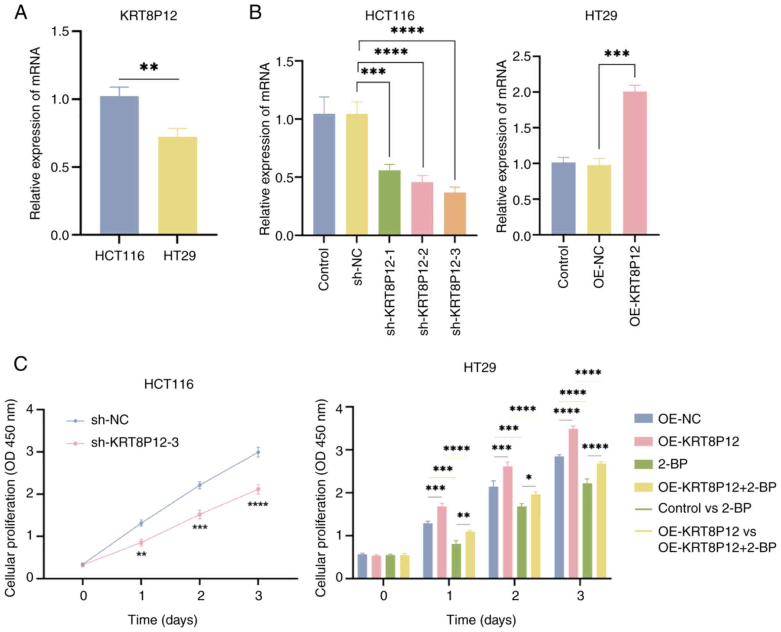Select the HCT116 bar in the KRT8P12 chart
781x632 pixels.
click(119, 165)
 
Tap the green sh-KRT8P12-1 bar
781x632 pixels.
click(389, 202)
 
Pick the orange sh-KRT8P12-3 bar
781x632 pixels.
click(455, 213)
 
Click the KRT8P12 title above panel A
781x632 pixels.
click(149, 16)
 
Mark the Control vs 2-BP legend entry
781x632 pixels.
click(704, 508)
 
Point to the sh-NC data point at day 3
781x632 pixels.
click(258, 452)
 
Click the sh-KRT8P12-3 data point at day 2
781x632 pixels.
click(199, 514)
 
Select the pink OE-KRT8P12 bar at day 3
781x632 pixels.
click(573, 504)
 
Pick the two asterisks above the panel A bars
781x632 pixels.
click(149, 68)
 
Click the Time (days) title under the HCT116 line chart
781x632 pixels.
click(163, 620)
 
